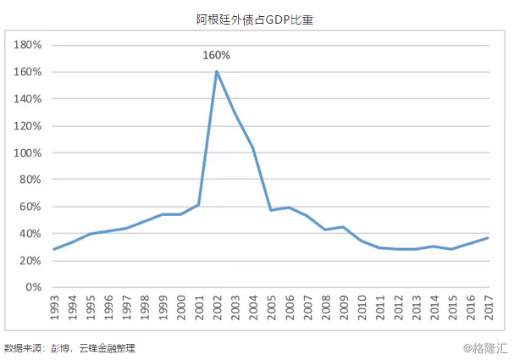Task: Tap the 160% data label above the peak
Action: [216, 55]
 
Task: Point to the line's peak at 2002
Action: [217, 71]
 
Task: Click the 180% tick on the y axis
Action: [30, 45]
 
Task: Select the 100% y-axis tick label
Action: [30, 152]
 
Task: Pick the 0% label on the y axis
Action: [35, 287]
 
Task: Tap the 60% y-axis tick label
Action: [32, 207]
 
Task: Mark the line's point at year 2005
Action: [272, 210]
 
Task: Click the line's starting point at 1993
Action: [54, 249]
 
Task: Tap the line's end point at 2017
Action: [489, 237]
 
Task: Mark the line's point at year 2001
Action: [199, 204]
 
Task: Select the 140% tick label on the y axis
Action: [30, 99]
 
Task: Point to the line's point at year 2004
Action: [253, 148]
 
